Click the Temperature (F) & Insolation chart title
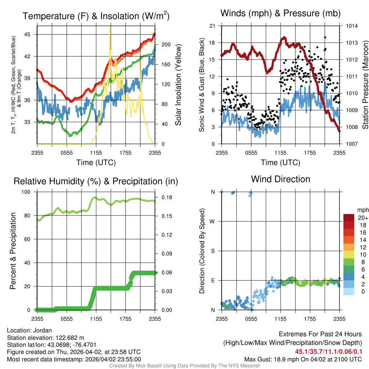point(96,16)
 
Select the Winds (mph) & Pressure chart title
point(280,14)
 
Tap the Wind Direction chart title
point(280,179)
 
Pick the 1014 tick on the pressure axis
point(351,26)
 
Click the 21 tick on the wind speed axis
point(212,26)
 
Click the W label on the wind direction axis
point(213,221)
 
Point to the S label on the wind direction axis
point(213,251)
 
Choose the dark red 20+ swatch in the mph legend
point(349,217)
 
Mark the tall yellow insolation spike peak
point(110,27)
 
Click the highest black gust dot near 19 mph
point(325,37)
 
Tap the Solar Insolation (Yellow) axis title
point(178,85)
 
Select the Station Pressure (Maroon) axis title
point(365,85)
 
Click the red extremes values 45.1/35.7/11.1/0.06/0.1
point(329,351)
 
